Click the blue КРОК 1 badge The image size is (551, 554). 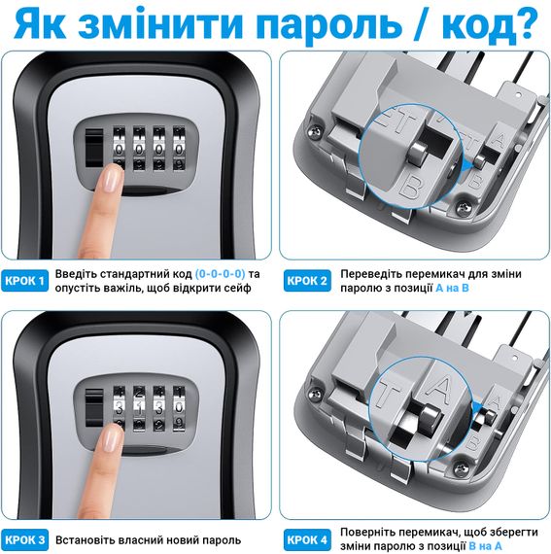click(x=24, y=281)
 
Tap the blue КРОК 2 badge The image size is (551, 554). click(x=307, y=281)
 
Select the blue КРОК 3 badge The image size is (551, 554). click(x=24, y=539)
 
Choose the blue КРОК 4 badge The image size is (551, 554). click(x=307, y=539)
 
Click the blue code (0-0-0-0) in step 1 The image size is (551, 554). click(x=220, y=274)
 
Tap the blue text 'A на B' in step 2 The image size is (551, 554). click(x=452, y=288)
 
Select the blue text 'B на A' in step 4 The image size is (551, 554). click(x=485, y=546)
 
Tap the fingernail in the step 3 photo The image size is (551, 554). click(x=112, y=437)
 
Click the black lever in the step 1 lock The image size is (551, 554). click(x=94, y=148)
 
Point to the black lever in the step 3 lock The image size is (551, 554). click(x=94, y=407)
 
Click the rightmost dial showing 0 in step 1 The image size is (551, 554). click(x=179, y=150)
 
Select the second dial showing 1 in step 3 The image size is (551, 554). click(x=139, y=409)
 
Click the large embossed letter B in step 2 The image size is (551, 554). click(x=411, y=187)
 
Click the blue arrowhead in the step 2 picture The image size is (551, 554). click(x=468, y=165)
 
